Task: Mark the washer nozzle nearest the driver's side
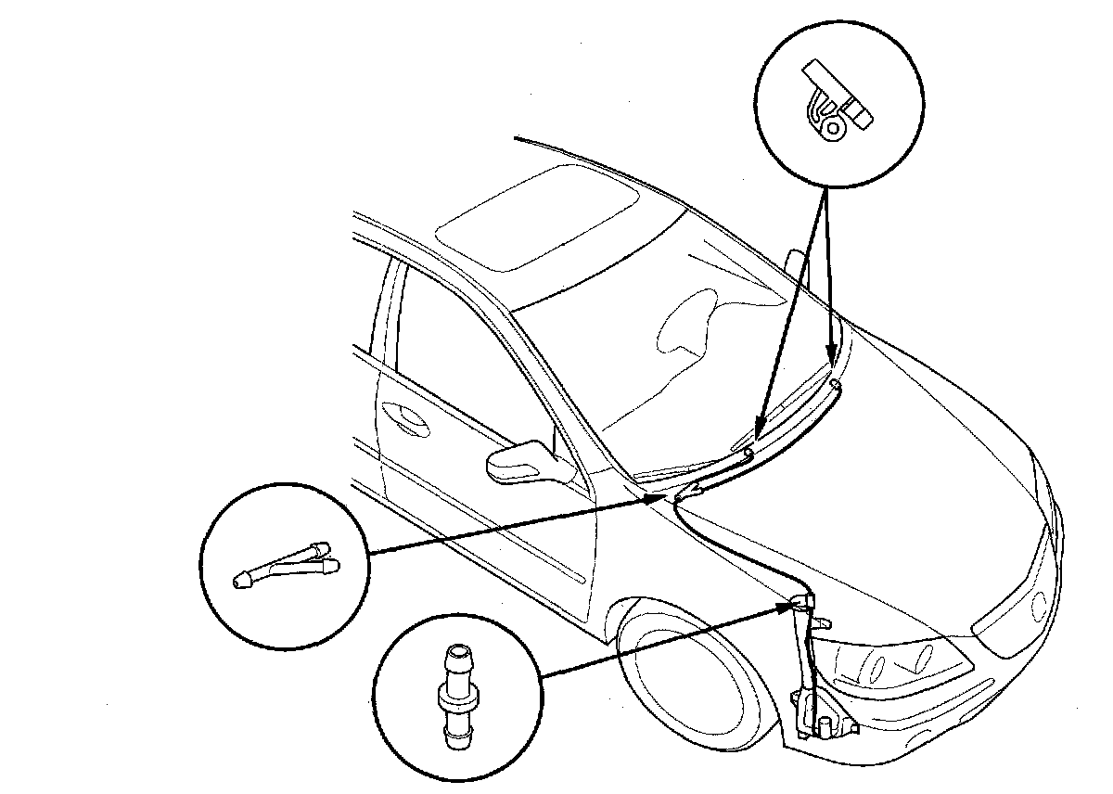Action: pos(748,452)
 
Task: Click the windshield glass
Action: pos(668,343)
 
